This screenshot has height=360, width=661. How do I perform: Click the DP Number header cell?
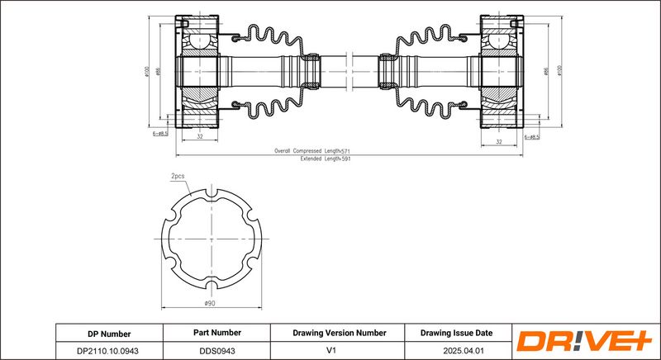109,333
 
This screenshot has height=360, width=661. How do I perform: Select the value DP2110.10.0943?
109,350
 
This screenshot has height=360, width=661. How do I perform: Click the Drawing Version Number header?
339,333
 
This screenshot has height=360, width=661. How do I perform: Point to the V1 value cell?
339,350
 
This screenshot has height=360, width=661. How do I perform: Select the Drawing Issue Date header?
456,333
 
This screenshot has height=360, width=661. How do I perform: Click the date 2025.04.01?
456,350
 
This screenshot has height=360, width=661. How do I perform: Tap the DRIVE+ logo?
585,341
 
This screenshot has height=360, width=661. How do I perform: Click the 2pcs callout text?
178,176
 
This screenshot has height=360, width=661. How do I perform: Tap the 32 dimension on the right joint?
499,141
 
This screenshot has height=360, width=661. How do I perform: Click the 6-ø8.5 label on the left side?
160,133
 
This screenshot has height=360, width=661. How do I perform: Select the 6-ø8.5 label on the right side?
530,136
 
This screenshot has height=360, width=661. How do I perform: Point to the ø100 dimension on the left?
145,71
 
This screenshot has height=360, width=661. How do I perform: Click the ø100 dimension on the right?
559,71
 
